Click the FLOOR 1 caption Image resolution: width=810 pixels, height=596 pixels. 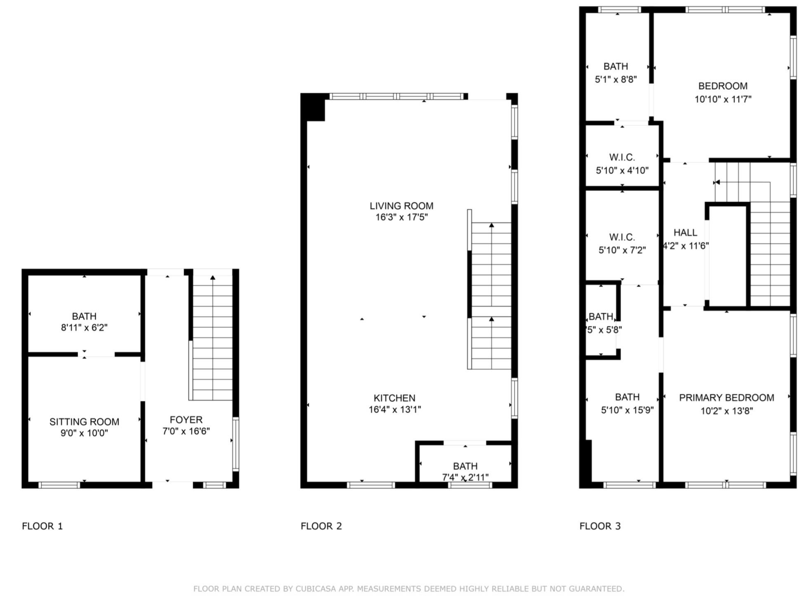coord(42,526)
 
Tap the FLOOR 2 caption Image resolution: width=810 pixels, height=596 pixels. coord(321,526)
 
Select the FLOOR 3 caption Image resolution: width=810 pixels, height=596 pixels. coord(600,526)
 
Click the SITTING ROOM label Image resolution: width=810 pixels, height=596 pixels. coord(84,422)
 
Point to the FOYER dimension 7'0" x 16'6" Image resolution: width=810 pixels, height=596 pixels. coord(186,431)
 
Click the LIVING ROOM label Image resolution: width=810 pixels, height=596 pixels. coord(401,206)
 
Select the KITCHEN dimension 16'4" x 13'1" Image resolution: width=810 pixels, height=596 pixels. coord(395,409)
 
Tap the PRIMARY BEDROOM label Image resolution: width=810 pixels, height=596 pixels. coord(726,398)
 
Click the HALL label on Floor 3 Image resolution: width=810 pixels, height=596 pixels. coord(685,233)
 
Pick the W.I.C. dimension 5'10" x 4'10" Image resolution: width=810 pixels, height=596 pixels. coord(622,171)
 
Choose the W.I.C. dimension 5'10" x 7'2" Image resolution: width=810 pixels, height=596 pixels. coord(622,250)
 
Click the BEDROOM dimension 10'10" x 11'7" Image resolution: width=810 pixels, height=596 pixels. coord(723,99)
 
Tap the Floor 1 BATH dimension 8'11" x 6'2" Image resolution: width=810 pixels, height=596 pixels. coord(84,328)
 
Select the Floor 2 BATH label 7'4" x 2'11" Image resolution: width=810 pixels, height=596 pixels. coord(465,466)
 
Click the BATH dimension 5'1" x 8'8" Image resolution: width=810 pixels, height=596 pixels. coord(615,79)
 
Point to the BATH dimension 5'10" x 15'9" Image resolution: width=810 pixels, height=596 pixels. coord(627,410)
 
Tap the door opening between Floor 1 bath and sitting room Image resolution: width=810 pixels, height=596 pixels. coord(96,354)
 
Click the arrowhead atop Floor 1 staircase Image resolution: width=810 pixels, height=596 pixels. coord(212,278)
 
